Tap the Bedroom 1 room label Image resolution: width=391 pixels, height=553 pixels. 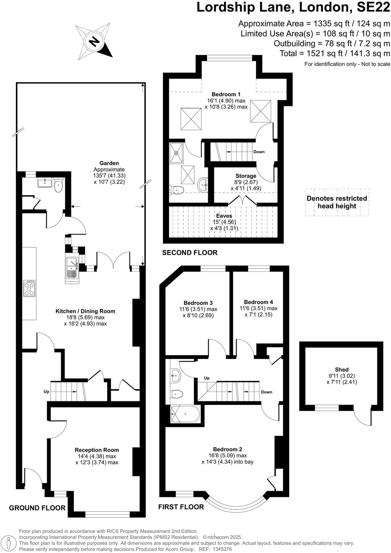tap(226, 94)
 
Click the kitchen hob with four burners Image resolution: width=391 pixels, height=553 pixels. tap(29, 289)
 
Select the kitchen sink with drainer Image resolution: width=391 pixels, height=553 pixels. tap(72, 268)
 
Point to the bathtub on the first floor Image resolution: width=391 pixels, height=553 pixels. tap(185, 414)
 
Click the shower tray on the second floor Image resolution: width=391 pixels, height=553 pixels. tap(177, 152)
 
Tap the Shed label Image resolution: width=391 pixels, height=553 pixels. tap(341, 370)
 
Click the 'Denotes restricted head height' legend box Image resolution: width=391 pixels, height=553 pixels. tap(337, 202)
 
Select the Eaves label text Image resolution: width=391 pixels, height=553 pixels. tap(224, 216)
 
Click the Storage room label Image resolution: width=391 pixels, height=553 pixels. tap(246, 176)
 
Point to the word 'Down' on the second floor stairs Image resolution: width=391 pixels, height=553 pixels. tap(259, 152)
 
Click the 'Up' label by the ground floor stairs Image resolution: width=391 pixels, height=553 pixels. tap(46, 392)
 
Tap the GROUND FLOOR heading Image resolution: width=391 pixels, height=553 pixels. tap(37, 508)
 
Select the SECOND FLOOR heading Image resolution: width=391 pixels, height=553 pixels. tap(190, 253)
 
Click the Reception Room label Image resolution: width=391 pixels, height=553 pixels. tap(97, 450)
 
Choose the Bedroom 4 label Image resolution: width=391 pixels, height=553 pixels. tap(258, 302)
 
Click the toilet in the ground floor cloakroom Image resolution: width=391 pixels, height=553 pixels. tap(58, 186)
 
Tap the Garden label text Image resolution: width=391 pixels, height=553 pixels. tap(109, 163)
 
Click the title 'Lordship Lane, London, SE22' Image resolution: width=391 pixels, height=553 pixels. tap(293, 7)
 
